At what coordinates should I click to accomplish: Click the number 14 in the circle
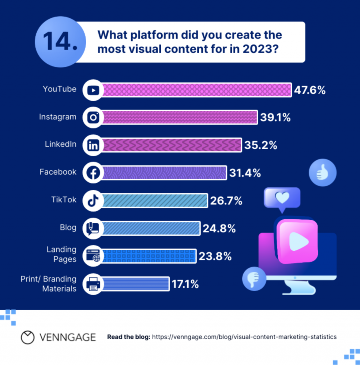pyautogui.click(x=60, y=42)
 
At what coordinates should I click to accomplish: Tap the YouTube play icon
pyautogui.click(x=93, y=90)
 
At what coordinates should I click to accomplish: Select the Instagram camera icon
pyautogui.click(x=93, y=118)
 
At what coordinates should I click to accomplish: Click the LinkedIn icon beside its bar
pyautogui.click(x=93, y=145)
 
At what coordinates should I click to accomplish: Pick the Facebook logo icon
pyautogui.click(x=93, y=173)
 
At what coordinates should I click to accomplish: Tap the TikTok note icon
pyautogui.click(x=93, y=201)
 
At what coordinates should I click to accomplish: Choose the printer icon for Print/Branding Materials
pyautogui.click(x=93, y=284)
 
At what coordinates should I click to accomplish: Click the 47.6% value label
pyautogui.click(x=309, y=90)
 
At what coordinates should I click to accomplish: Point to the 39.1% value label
pyautogui.click(x=275, y=118)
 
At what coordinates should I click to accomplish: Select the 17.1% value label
pyautogui.click(x=185, y=284)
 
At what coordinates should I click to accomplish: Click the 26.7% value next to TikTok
pyautogui.click(x=226, y=201)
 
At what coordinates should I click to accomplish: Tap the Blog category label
pyautogui.click(x=68, y=227)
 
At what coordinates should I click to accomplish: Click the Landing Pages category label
pyautogui.click(x=61, y=255)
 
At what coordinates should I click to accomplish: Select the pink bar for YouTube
pyautogui.click(x=197, y=90)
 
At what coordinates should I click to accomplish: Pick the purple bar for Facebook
pyautogui.click(x=164, y=173)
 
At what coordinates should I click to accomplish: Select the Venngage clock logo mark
pyautogui.click(x=28, y=337)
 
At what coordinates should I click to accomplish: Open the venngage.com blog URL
pyautogui.click(x=244, y=337)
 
